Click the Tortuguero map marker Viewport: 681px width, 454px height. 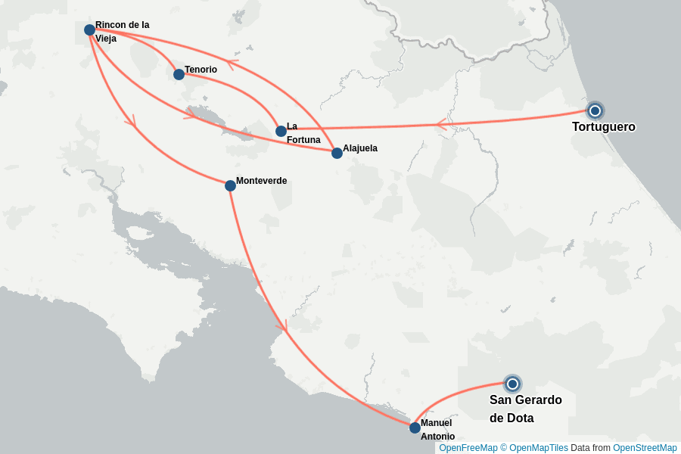(595, 110)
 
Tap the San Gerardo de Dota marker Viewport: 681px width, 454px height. (512, 384)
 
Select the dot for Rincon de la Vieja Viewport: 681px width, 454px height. (89, 30)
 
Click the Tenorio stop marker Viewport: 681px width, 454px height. (179, 74)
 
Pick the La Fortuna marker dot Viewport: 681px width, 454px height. (281, 131)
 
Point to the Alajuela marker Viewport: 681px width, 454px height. (337, 153)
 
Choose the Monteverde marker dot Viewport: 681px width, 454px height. (230, 185)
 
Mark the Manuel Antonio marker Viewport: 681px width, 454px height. (415, 428)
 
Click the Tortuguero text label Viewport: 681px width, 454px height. (603, 127)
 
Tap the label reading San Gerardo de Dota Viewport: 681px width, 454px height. (525, 409)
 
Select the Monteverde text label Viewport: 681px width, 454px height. (261, 181)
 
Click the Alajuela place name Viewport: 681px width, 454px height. (359, 148)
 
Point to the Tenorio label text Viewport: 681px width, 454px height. (201, 70)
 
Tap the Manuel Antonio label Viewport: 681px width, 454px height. (437, 429)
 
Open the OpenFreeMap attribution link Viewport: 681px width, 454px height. (468, 448)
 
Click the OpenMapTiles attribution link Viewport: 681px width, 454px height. (538, 448)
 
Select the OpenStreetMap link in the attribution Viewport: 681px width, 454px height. (645, 448)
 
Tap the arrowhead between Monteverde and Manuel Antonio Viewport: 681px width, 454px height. (285, 327)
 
